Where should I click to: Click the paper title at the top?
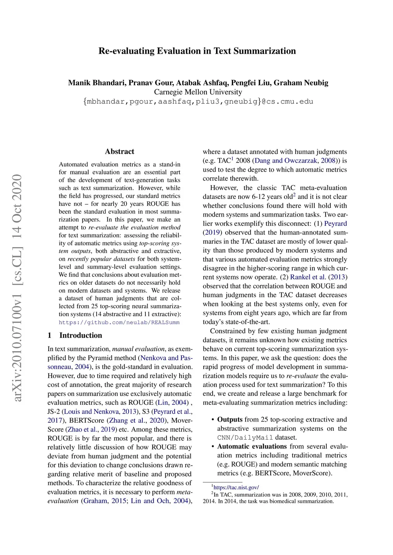[197, 51]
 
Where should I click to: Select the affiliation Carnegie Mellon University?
[198, 92]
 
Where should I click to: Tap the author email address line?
[198, 102]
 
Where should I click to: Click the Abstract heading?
[119, 151]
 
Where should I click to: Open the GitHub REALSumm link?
[119, 322]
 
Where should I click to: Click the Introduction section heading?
[81, 335]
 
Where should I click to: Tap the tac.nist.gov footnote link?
[236, 487]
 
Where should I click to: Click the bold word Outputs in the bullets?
[230, 419]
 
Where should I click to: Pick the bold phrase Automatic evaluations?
[252, 446]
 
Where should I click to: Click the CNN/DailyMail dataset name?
[245, 437]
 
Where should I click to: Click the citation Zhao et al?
[80, 429]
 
